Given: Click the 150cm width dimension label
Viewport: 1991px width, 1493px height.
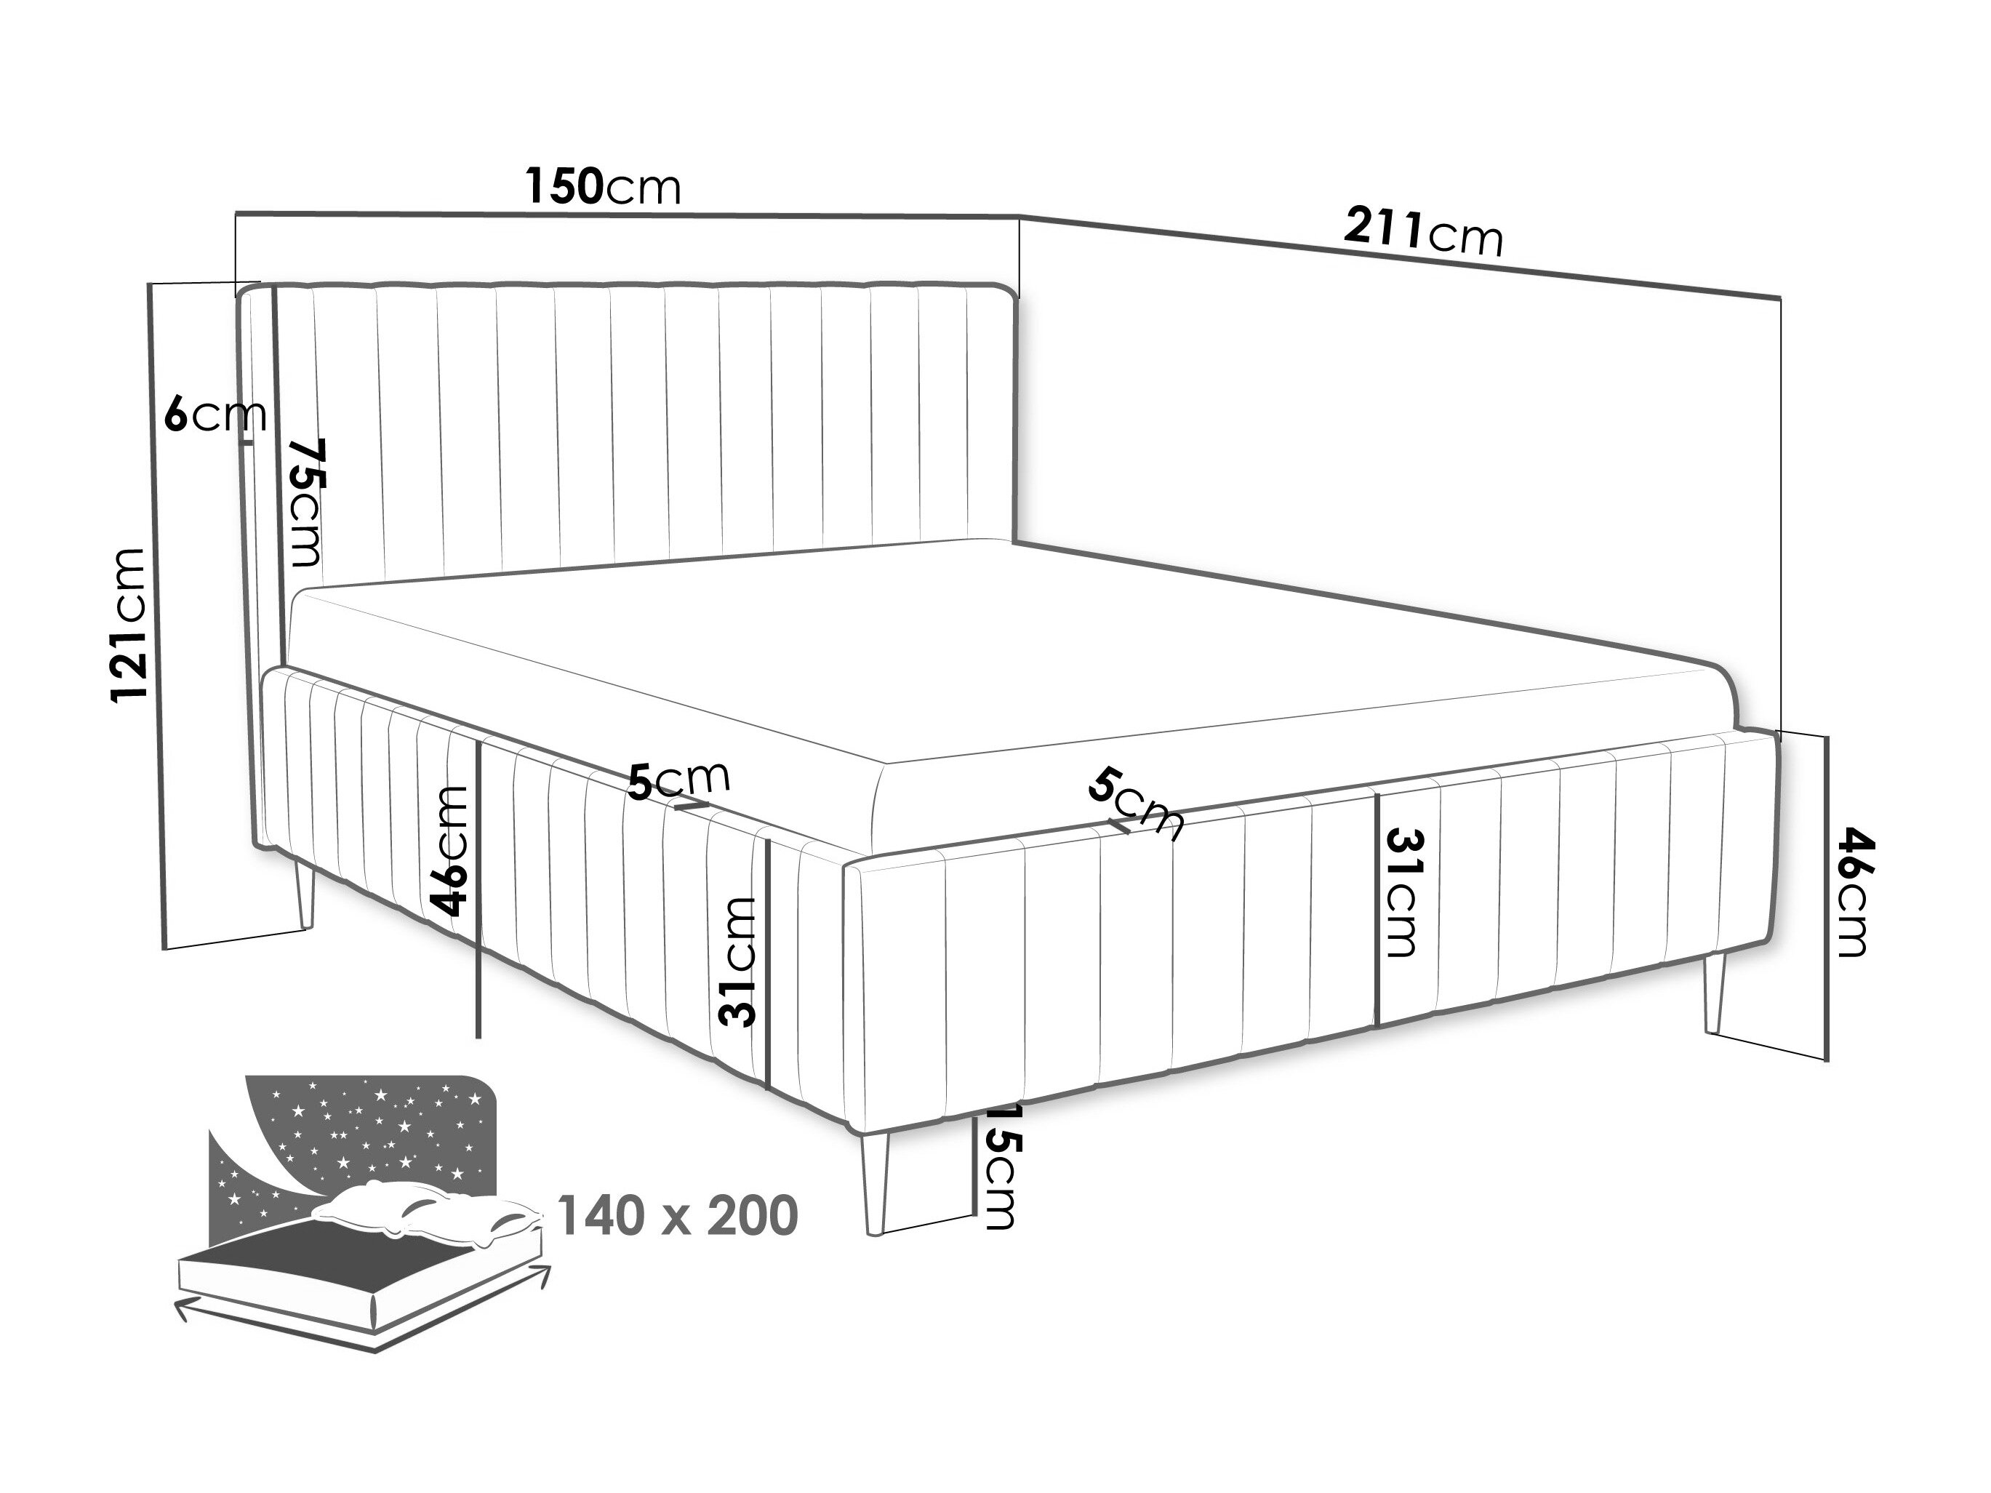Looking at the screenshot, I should coord(603,186).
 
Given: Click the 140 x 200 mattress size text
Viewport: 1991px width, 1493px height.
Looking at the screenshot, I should coord(678,1217).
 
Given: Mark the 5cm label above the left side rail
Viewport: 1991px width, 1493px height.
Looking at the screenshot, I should coord(678,780).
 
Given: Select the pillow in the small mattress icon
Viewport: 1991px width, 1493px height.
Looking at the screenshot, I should coord(423,1210).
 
